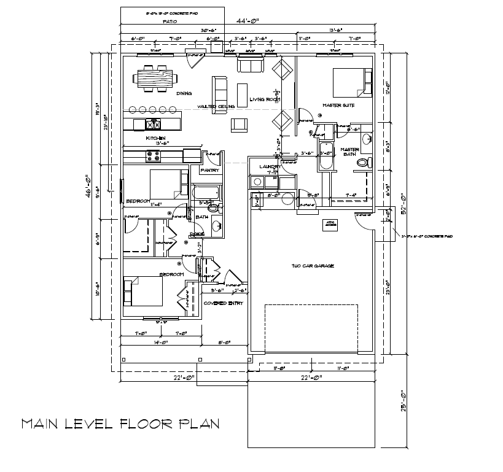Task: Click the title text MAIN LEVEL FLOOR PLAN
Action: pyautogui.click(x=120, y=424)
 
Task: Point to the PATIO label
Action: pyautogui.click(x=170, y=21)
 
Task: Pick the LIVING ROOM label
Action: pyautogui.click(x=265, y=99)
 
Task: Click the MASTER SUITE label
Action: pyautogui.click(x=338, y=106)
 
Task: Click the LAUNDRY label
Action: pyautogui.click(x=270, y=166)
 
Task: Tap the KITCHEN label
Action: pyautogui.click(x=156, y=138)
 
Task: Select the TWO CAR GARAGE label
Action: pyautogui.click(x=313, y=266)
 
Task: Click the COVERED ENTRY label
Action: pyautogui.click(x=223, y=303)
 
